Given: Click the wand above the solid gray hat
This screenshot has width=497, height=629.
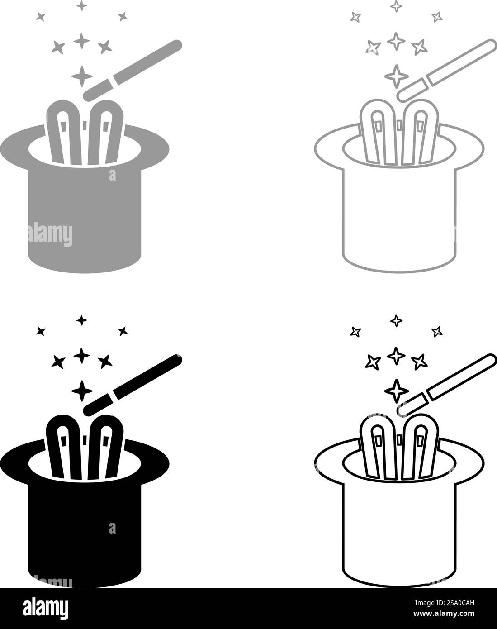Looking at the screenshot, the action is pos(133,71).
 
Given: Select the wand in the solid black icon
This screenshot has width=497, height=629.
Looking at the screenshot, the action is pos(133,385).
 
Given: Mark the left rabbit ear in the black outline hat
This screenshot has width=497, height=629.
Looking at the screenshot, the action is pos(378,447).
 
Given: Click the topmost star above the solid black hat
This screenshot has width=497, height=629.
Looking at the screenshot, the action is pos(82,320).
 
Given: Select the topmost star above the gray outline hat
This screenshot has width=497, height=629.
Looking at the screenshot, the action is pos(396,6).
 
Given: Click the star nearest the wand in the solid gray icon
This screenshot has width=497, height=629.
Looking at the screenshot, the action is pos(82,76).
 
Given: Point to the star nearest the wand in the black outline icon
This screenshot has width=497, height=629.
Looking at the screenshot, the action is pos(396,391).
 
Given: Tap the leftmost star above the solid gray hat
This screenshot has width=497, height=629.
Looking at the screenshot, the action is pos(41,17).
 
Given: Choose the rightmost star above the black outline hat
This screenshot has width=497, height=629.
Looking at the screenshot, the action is pos(437,331).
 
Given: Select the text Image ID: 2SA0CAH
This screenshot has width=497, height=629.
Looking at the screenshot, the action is pos(445,603).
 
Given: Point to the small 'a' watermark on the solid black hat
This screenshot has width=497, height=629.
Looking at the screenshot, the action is pos(113,528).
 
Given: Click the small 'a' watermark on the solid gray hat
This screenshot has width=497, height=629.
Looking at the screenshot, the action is pos(113,175).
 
